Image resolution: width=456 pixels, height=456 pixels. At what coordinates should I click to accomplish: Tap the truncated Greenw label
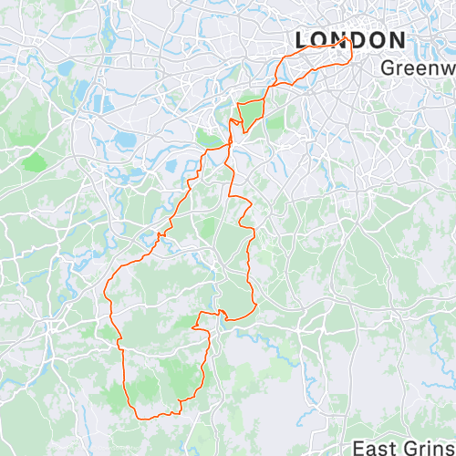pos(418,67)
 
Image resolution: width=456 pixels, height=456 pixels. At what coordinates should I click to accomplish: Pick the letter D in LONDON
pos(357,40)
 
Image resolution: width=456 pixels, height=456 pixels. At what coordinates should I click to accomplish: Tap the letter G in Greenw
pos(388,67)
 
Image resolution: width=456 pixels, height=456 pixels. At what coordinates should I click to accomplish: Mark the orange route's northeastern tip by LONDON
pos(347,40)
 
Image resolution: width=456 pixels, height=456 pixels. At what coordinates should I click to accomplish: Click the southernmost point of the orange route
pos(142,418)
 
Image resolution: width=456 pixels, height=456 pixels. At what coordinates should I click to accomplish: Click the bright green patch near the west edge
pos(35,161)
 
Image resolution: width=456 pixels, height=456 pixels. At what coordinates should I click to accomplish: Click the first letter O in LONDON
pos(316,40)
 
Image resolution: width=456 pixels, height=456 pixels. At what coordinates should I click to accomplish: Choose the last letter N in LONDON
pos(397,40)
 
